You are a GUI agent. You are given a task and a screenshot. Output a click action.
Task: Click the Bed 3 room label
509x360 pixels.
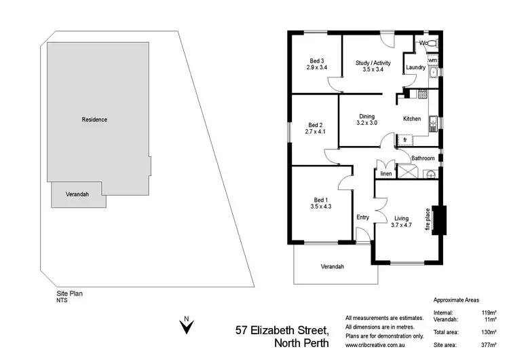pos(317,61)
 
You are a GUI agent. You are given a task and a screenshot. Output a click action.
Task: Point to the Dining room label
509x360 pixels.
pos(366,116)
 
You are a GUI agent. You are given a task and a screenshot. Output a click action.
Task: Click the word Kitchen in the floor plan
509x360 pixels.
pos(412,119)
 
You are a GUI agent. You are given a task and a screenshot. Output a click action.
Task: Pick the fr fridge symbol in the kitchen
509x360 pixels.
pos(405,140)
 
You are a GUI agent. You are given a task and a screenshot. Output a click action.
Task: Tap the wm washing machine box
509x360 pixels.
pos(432,60)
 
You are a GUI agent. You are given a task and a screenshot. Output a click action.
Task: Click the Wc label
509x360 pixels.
pos(423,43)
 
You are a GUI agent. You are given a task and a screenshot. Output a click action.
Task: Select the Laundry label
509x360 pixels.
pos(415,68)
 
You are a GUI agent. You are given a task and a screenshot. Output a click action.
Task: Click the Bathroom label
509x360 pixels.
pos(423,158)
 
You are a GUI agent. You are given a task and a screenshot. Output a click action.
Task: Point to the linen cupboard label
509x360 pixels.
pos(385,174)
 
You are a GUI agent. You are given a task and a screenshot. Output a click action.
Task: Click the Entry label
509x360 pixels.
pos(363,217)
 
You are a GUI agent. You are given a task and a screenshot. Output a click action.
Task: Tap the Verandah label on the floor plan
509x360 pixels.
pos(333,266)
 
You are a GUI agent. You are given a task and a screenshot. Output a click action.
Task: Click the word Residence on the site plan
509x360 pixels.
pos(94,120)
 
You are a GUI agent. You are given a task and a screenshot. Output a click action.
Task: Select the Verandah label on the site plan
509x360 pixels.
pos(77,194)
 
